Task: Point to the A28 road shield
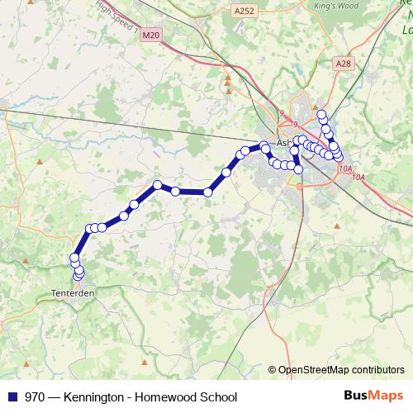point(344,64)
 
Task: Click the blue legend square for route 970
point(12,396)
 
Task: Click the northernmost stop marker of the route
point(321,115)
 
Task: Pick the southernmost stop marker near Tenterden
point(79,274)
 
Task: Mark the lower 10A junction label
point(358,177)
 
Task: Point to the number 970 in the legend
point(35,396)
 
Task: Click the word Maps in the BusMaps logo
point(387,396)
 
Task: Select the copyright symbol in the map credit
point(272,370)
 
